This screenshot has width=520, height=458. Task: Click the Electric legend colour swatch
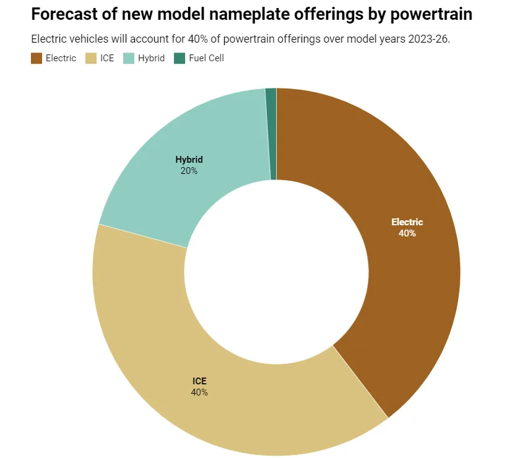click(x=37, y=58)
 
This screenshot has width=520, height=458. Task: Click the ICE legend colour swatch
click(x=91, y=58)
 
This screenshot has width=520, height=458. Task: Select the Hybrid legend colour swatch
click(x=129, y=58)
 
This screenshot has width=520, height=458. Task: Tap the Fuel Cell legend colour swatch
click(x=180, y=58)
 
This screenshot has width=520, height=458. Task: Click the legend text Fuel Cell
click(x=206, y=58)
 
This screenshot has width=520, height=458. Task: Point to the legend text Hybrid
click(x=151, y=58)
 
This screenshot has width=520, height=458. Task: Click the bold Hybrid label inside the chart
click(x=189, y=160)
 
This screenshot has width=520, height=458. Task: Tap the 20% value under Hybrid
click(x=189, y=171)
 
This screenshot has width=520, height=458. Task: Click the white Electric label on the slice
click(x=407, y=222)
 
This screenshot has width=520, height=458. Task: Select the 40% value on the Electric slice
click(x=407, y=233)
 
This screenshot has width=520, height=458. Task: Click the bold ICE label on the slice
click(x=199, y=381)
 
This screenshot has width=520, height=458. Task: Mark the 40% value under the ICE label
click(x=199, y=392)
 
